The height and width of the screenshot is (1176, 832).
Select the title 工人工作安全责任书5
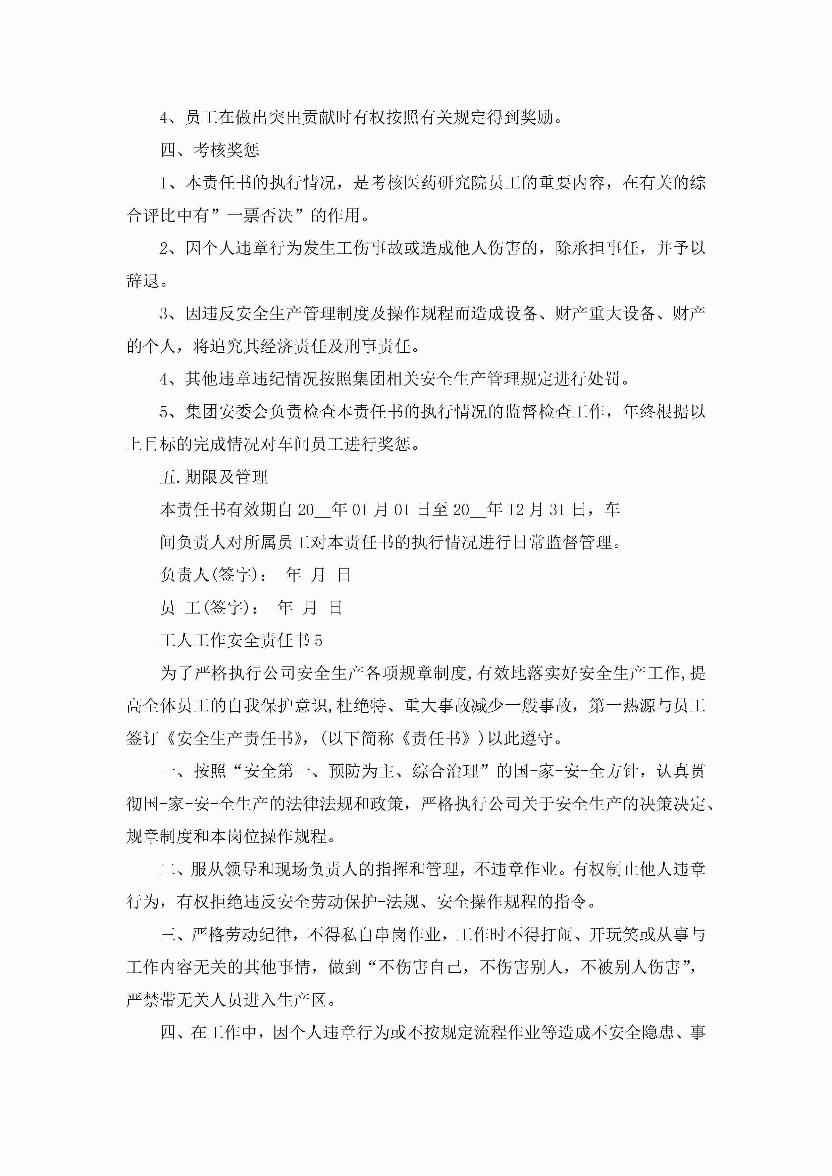[x=241, y=640]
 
